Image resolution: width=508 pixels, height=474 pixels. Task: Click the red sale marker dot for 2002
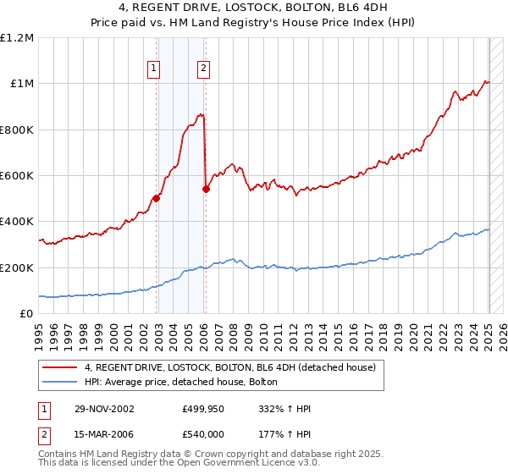tap(157, 199)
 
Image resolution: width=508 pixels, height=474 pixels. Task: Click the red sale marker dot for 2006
tap(206, 190)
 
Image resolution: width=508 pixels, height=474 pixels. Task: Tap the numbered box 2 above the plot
tap(204, 69)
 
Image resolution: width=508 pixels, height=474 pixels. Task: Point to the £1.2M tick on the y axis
tap(17, 38)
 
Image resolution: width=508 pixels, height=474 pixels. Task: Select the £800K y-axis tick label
tap(17, 130)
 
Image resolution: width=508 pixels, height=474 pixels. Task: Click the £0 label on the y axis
tap(27, 314)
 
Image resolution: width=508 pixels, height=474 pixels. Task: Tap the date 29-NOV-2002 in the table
tap(103, 409)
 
